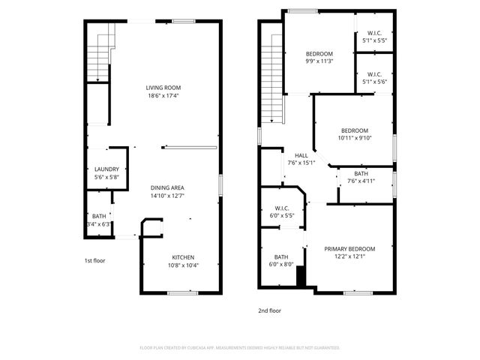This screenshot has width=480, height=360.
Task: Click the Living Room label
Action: [x=162, y=88]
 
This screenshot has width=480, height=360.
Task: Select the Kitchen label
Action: [x=184, y=256]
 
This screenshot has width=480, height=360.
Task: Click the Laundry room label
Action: [x=106, y=169]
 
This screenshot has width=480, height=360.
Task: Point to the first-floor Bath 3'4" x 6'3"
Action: [x=98, y=220]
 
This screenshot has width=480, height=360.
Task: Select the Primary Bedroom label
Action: [x=349, y=248]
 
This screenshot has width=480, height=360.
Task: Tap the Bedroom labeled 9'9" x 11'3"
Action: [x=319, y=54]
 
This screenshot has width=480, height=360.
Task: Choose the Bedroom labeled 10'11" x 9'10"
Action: [x=354, y=130]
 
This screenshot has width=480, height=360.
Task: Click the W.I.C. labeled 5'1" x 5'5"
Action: [x=374, y=33]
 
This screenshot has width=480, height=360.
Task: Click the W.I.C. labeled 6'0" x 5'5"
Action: [x=282, y=208]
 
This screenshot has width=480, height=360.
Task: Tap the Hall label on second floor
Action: [x=301, y=156]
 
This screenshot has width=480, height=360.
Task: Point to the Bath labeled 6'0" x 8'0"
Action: [x=281, y=256]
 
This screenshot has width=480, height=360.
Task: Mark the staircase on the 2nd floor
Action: [x=271, y=82]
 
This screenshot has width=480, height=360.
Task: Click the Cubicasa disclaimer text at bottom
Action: [x=240, y=348]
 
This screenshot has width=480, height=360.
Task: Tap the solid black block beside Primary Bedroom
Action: [x=301, y=277]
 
